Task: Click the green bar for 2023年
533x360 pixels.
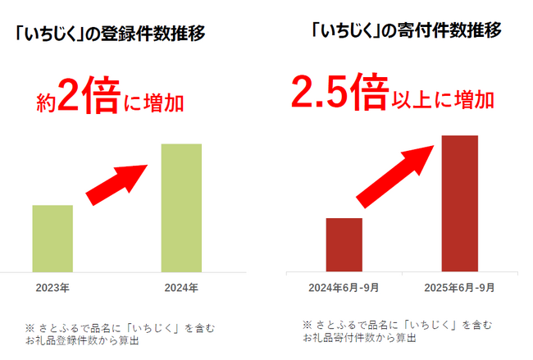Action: pos(52,238)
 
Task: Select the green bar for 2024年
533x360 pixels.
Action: pos(181,207)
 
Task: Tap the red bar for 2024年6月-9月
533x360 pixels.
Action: pos(344,244)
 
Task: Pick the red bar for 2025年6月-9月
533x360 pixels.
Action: pos(459,203)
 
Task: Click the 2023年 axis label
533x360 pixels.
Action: pos(52,289)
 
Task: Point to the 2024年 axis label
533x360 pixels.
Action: pos(181,289)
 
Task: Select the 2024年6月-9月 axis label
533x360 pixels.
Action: pos(344,289)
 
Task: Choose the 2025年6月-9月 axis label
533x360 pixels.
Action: pos(459,289)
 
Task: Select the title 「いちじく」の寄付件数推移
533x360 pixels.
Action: pos(407,31)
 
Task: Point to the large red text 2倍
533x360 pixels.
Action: pos(86,102)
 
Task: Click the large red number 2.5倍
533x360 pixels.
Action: pos(339,93)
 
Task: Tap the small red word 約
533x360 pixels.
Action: pos(46,106)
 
